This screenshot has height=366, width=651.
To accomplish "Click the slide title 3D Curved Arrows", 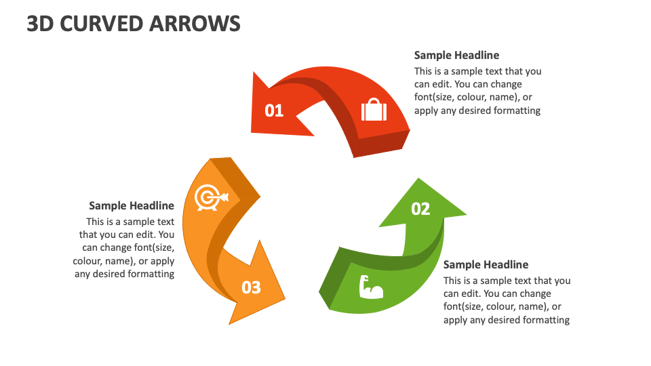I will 134,24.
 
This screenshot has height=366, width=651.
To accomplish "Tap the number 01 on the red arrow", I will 274,110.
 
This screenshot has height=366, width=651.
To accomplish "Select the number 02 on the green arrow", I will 420,209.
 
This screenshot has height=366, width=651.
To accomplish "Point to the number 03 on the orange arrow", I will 251,287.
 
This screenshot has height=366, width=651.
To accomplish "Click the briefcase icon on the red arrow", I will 373,110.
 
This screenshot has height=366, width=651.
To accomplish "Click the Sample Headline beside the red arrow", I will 456,56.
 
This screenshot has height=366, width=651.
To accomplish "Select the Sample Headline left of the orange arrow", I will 132,206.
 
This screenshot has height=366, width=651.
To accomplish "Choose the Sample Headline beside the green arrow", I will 486,265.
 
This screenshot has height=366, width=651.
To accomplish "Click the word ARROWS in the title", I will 199,24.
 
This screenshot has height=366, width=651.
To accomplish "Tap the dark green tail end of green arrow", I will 332,281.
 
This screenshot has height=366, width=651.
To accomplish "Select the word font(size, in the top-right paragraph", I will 439,98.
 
